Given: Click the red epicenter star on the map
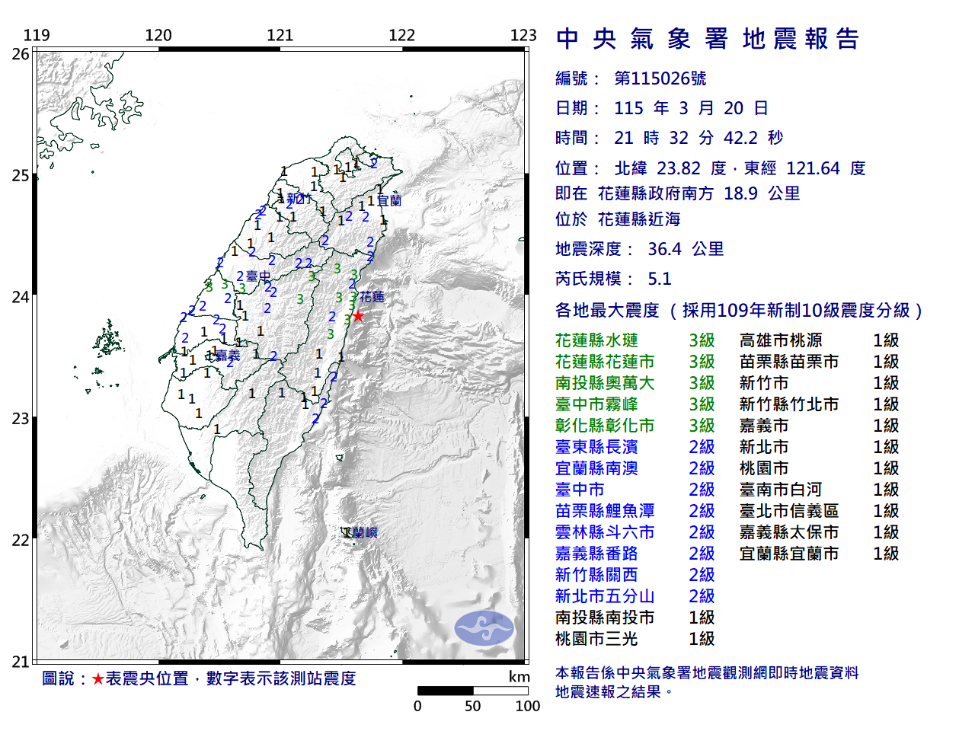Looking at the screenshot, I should [x=358, y=316].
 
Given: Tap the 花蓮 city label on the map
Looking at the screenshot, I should [x=372, y=297].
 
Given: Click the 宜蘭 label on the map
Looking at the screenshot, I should [x=389, y=201].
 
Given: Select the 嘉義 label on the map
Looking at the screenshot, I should [x=228, y=356].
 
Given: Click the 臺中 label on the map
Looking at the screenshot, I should [x=258, y=276].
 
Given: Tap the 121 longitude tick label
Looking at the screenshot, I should [x=280, y=35].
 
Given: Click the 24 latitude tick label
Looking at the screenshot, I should [x=21, y=297].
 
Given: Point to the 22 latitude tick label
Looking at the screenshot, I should [x=21, y=541].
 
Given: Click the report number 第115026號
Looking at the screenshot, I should [x=660, y=78].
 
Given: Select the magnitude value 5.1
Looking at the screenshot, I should [x=660, y=279].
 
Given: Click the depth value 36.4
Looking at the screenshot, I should [x=664, y=249].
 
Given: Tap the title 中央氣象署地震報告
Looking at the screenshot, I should [x=708, y=39].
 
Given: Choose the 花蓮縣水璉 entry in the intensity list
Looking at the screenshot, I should [x=596, y=340].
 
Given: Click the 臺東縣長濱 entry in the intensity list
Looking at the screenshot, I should [x=596, y=447].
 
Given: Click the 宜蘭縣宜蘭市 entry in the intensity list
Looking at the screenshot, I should [x=788, y=554].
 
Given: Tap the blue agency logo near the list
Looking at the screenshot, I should [x=484, y=628].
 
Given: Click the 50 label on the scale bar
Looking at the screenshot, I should [x=473, y=706].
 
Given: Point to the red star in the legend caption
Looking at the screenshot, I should [x=97, y=678].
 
